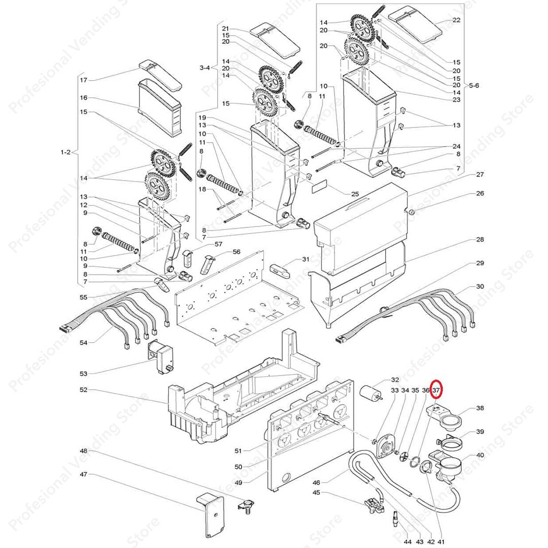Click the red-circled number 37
pos(436,390)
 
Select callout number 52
pos(84,390)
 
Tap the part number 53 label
pos(84,373)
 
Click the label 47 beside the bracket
pos(84,474)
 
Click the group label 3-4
pos(205,67)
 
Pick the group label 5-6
pos(473,86)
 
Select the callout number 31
pos(305,259)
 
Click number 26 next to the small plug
pos(480,193)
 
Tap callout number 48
pos(84,451)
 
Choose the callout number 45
pos(316,492)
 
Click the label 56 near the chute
pos(236,252)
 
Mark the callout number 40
pos(480,455)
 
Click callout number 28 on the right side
pos(480,239)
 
